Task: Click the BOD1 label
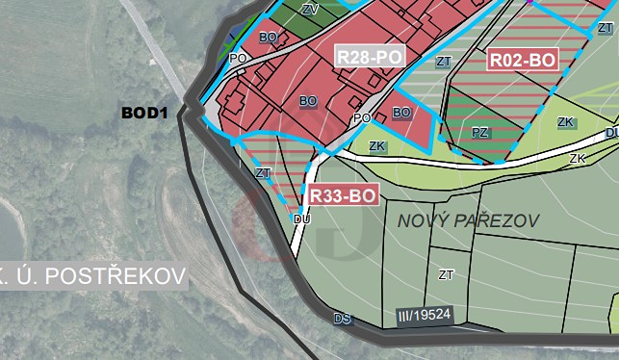tap(144, 114)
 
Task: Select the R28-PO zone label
tap(370, 57)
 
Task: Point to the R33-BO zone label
tap(342, 195)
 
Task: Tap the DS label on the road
tap(342, 318)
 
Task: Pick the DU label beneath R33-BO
tap(301, 219)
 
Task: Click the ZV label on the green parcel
tap(309, 9)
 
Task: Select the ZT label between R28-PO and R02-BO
tap(443, 62)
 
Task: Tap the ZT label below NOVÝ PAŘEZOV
tap(446, 274)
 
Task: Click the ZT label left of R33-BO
tap(263, 173)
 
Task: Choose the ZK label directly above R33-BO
tap(377, 147)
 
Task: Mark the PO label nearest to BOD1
tap(238, 58)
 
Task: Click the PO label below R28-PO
tap(362, 118)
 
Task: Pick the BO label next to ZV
tap(269, 38)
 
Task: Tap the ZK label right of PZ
tap(566, 122)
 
